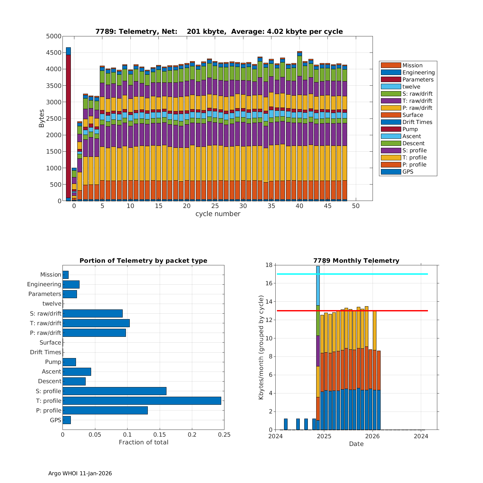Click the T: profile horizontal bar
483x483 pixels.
142,401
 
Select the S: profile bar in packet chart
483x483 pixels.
114,391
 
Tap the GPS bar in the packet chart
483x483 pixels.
67,420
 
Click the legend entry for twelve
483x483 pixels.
411,87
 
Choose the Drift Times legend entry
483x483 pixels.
417,122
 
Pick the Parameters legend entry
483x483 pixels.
418,80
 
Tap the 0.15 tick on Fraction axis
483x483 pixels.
160,435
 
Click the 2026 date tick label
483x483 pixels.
373,436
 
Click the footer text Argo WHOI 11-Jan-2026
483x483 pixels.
80,473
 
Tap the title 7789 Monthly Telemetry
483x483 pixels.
356,260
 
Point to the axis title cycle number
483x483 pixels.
218,214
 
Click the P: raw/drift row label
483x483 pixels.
45,333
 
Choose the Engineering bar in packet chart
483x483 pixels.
71,284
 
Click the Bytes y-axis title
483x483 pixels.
42,118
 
